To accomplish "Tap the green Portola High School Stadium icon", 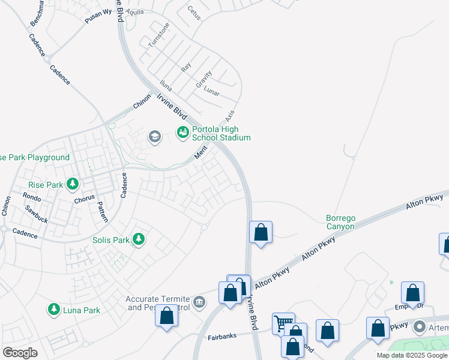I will click(182, 132).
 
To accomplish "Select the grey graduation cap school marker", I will click(155, 137).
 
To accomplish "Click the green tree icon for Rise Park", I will click(73, 184).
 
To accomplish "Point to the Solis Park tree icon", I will click(139, 239).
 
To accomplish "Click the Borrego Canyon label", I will click(340, 221).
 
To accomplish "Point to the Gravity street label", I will click(203, 80).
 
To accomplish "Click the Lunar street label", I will click(212, 92).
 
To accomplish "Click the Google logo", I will click(20, 353).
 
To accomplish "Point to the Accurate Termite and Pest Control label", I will click(157, 303).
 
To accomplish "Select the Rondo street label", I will click(31, 196).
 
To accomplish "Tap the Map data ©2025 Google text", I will click(412, 355).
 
